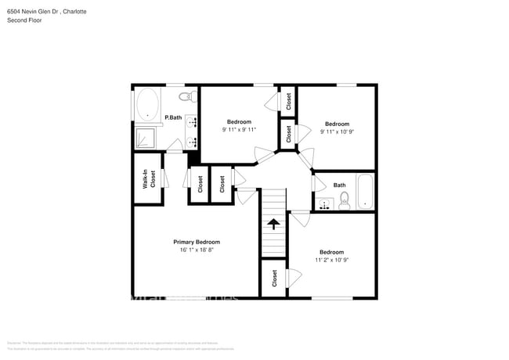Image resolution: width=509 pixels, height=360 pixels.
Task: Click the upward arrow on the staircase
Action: (x=273, y=224)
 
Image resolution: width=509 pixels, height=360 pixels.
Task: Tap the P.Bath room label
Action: (x=173, y=117)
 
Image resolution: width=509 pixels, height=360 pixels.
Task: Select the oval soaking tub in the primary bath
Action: (x=147, y=104)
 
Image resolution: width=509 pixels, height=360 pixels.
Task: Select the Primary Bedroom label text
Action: (x=197, y=242)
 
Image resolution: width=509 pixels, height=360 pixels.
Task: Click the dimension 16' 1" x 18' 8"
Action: (x=197, y=250)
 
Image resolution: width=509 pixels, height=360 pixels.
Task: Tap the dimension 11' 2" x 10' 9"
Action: (x=332, y=260)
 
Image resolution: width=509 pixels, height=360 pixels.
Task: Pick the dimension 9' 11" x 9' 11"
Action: (x=239, y=130)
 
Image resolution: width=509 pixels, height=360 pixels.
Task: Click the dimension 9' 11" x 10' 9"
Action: (x=337, y=132)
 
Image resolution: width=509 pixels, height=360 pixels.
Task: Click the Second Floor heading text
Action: (x=24, y=20)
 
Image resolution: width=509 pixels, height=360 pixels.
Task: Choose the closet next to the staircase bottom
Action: (x=274, y=278)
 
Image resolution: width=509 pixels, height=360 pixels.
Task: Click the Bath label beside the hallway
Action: (x=339, y=185)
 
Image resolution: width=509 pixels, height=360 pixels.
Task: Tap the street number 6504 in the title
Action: (x=15, y=11)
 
